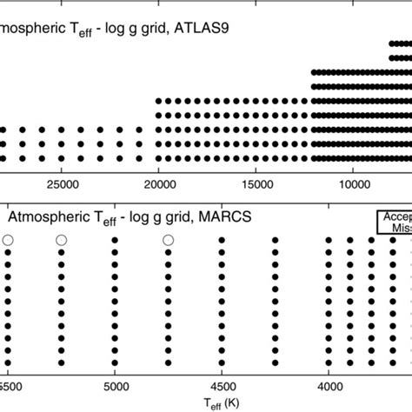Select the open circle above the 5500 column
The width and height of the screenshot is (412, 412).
(x=8, y=240)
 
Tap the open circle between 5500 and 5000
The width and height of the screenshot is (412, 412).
(x=61, y=240)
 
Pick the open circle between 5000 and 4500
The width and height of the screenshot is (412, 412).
(x=168, y=240)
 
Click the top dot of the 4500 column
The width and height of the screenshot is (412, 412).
(x=222, y=241)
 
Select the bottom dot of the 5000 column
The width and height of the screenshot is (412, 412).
(x=115, y=362)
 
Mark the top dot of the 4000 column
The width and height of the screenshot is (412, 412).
(x=329, y=241)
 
